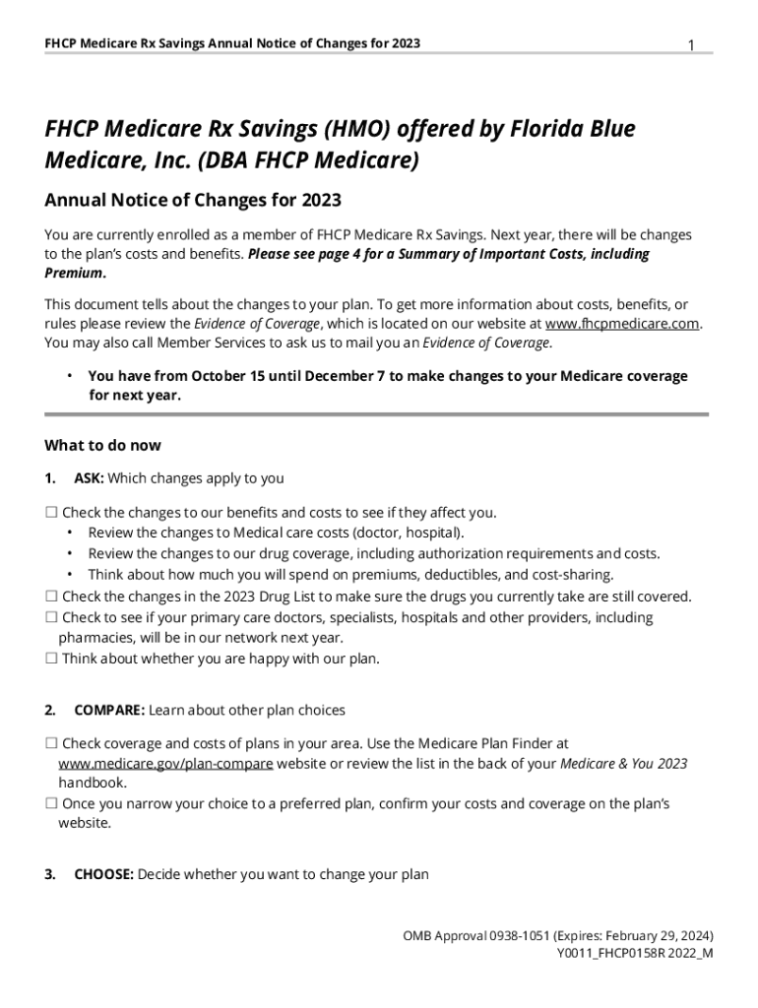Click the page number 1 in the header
pos(691,45)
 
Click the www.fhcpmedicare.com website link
pos(623,323)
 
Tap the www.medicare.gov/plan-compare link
pos(165,763)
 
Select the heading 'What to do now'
pos(103,445)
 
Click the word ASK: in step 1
pos(89,478)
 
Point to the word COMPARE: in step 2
pos(109,710)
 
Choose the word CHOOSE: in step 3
pos(103,873)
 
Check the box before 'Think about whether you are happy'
pos(51,659)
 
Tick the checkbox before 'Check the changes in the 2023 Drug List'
pos(51,597)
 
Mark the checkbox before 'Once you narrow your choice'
pos(51,803)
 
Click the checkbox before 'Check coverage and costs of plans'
pos(51,744)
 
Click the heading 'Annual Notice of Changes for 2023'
pos(193,201)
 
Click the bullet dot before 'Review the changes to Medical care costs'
pos(70,533)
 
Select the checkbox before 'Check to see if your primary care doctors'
pos(51,617)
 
